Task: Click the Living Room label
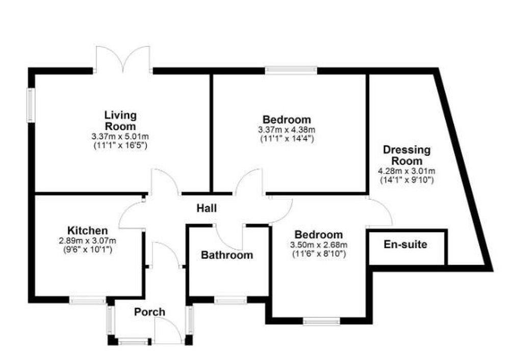tap(120, 120)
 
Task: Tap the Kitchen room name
tap(87, 230)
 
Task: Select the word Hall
tap(207, 208)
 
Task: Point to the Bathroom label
tap(226, 255)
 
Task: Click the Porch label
tap(149, 312)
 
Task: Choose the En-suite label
tap(405, 245)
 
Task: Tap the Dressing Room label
tap(406, 156)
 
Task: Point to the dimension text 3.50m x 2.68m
tap(319, 245)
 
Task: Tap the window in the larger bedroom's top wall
tap(291, 70)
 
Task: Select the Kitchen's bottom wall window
tap(88, 301)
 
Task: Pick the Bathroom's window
tap(231, 301)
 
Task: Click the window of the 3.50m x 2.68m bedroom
tap(321, 321)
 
